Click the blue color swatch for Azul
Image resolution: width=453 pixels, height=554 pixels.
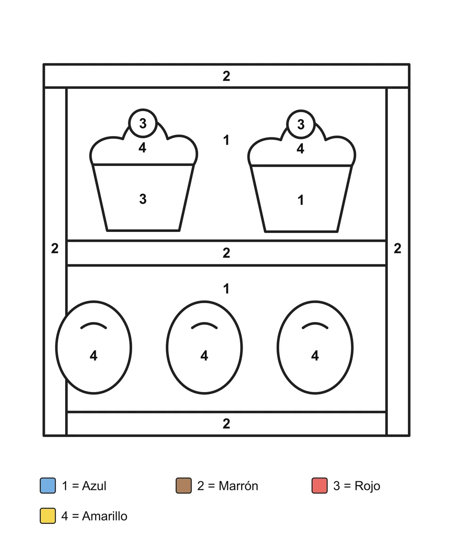pos(48,486)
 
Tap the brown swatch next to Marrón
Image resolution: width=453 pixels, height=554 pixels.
pos(184,486)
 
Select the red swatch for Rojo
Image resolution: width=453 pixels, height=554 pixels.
pos(319,486)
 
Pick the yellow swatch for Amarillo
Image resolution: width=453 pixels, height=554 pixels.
pos(48,515)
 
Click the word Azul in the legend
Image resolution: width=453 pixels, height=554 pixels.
pos(94,486)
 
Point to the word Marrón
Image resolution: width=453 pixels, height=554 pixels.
pos(238,486)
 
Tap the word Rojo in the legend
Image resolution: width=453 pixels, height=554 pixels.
pos(367,486)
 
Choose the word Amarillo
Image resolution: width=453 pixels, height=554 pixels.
pos(104,516)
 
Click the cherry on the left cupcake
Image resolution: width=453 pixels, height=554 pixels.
pos(143,123)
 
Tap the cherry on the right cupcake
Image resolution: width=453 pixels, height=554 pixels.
pos(301,124)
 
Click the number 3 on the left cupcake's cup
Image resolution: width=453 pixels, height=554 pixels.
pos(143,199)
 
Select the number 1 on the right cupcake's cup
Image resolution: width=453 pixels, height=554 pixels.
pos(301,200)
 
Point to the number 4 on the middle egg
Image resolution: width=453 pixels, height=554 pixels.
pos(204,356)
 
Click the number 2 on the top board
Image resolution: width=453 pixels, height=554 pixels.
pos(226,76)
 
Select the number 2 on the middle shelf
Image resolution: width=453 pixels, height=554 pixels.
pos(226,253)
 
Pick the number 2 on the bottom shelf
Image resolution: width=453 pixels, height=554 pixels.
pos(226,424)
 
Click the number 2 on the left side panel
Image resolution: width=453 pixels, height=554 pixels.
pos(55,248)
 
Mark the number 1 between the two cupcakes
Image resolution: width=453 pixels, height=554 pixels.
pos(226,140)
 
